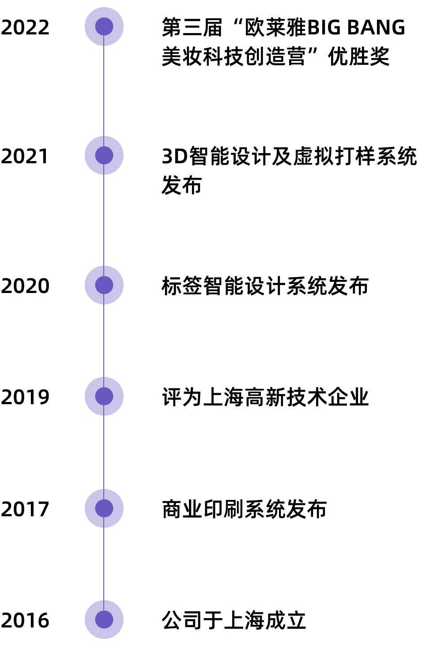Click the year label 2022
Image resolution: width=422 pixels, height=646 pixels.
[x=25, y=27]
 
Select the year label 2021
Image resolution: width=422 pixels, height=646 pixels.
[x=25, y=156]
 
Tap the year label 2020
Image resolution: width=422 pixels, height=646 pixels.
[x=25, y=286]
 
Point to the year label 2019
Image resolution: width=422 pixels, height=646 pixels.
[x=25, y=397]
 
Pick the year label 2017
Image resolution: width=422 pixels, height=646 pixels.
[x=25, y=509]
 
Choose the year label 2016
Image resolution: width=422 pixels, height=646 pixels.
[x=25, y=620]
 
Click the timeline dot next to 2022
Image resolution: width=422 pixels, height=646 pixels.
[x=104, y=26]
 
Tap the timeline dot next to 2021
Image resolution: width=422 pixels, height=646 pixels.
[x=104, y=155]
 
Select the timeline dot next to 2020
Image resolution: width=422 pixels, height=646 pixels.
[x=104, y=285]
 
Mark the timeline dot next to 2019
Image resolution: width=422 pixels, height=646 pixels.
[x=104, y=396]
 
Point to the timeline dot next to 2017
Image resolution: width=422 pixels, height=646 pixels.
[x=104, y=508]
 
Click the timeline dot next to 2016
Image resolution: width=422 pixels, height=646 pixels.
[x=104, y=620]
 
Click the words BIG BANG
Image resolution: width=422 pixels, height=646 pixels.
[x=356, y=28]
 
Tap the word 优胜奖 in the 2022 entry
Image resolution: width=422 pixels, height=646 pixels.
[x=359, y=56]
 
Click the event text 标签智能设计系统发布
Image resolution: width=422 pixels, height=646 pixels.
[x=265, y=286]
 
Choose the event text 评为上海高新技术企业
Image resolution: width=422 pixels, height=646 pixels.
[x=265, y=397]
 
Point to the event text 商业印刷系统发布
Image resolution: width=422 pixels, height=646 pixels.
[x=245, y=509]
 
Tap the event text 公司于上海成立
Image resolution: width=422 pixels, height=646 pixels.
[x=234, y=620]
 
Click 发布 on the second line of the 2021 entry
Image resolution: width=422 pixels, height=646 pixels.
[x=181, y=185]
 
